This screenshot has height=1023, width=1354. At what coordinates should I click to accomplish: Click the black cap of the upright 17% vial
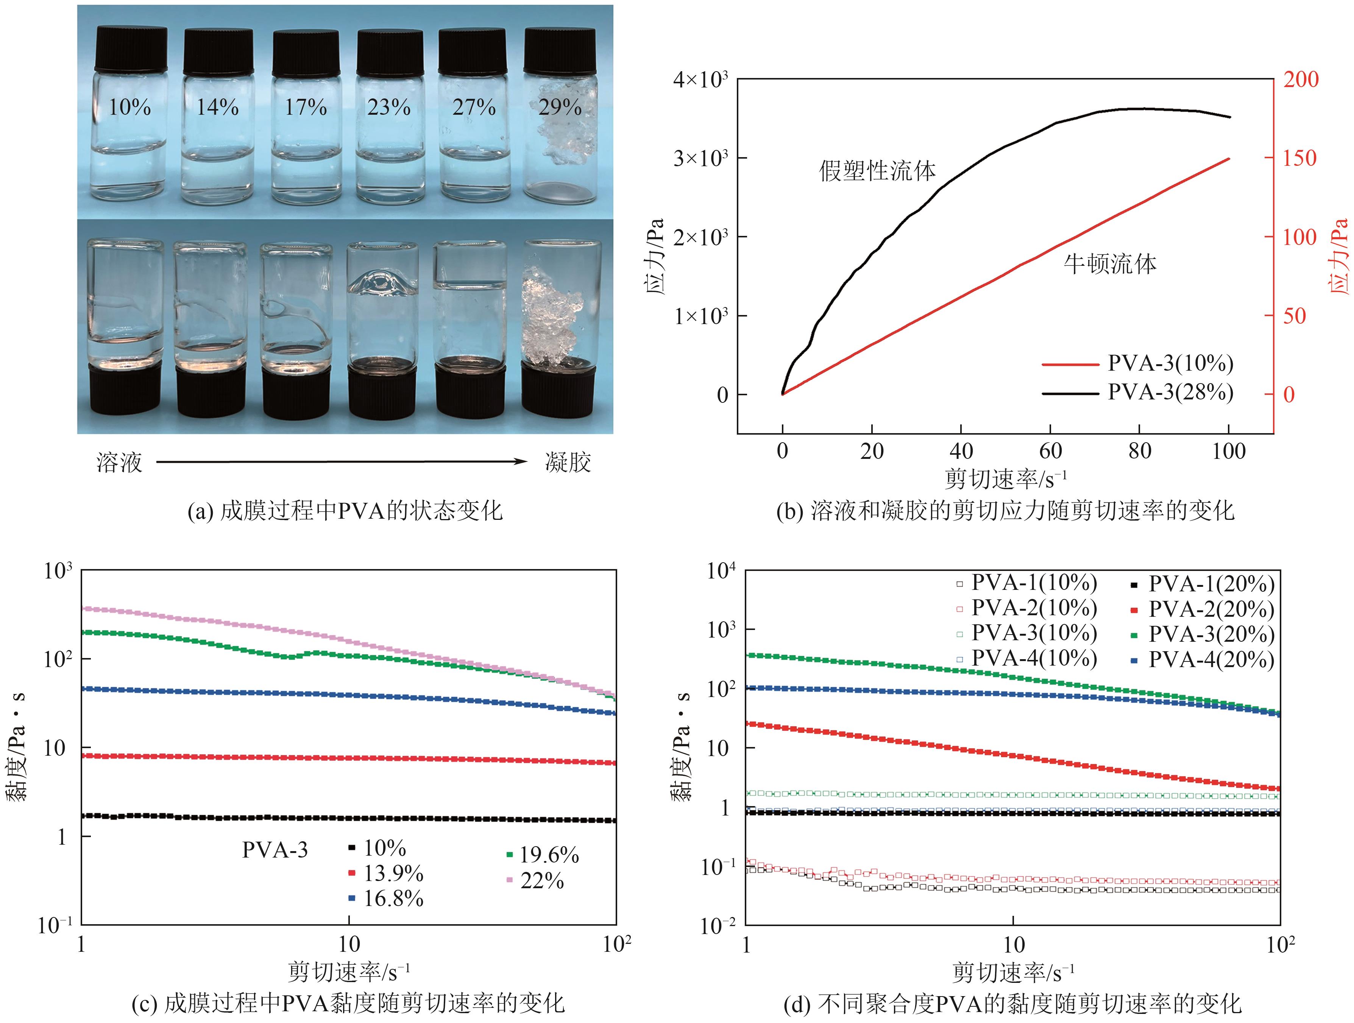tap(306, 54)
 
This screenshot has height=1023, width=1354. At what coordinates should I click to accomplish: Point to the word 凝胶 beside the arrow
tap(568, 462)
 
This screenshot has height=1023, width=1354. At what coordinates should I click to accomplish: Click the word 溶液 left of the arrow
tap(119, 462)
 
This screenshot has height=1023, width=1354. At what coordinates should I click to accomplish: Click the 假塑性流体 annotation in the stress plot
tap(877, 170)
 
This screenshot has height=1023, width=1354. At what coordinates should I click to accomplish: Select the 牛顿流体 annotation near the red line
tap(1110, 264)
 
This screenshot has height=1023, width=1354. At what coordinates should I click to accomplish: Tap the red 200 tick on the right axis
tap(1300, 79)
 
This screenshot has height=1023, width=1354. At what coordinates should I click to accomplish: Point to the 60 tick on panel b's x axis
tap(1050, 451)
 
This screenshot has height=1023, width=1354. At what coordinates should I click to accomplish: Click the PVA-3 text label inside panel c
tap(275, 850)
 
